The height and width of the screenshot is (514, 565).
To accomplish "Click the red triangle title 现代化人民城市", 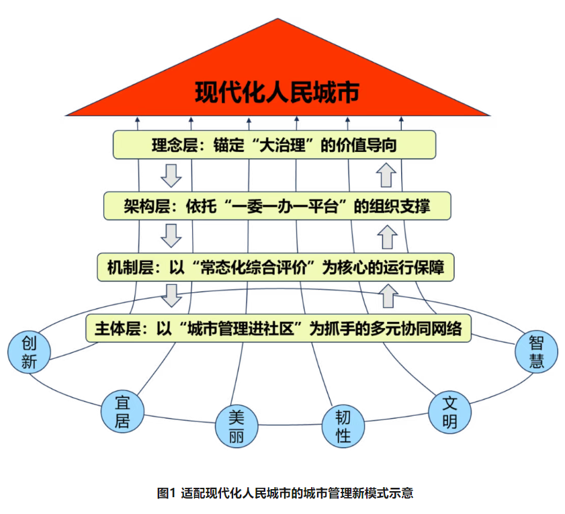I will tap(277, 92).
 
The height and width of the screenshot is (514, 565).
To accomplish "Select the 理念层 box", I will tap(274, 144).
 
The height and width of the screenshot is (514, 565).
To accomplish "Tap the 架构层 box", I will tap(277, 206).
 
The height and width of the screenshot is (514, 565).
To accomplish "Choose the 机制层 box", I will tap(275, 267).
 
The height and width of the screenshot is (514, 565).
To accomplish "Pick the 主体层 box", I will tap(277, 329).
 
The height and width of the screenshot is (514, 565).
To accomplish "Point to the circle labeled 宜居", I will tap(123, 411).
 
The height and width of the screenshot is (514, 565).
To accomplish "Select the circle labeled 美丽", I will tap(236, 427).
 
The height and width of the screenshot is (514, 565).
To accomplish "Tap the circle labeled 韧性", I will tap(343, 426).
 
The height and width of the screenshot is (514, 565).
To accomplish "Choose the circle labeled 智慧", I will tap(536, 352).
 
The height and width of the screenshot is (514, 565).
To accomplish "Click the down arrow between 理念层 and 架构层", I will tap(172, 175).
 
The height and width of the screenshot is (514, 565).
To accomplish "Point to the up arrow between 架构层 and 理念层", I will tap(386, 175).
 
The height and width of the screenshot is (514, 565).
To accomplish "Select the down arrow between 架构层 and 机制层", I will tap(172, 237).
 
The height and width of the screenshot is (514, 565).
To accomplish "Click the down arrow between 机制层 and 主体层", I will tap(173, 295).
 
